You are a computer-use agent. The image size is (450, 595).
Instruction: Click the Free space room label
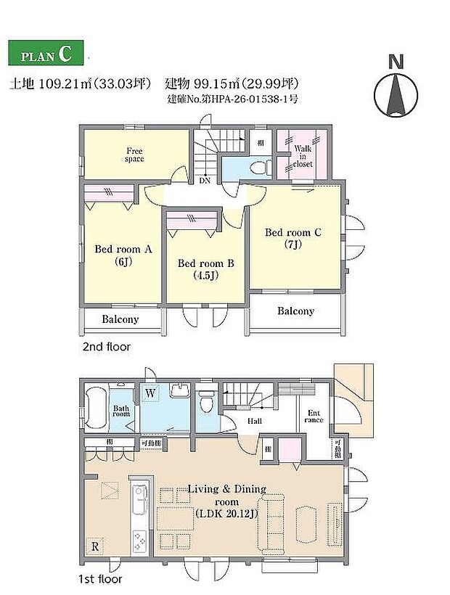(134, 154)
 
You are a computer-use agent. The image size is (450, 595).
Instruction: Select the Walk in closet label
(303, 155)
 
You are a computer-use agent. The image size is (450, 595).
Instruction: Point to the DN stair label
(205, 181)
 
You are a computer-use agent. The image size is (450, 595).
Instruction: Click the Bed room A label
(123, 255)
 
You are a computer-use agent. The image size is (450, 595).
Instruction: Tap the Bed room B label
(205, 269)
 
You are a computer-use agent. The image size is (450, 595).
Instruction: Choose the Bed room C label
(293, 239)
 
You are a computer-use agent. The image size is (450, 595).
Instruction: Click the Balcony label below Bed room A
(120, 319)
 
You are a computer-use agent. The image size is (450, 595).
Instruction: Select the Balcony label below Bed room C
(295, 311)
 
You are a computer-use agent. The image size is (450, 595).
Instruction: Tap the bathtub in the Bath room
(96, 409)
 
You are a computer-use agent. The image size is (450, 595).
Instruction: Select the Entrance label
(314, 416)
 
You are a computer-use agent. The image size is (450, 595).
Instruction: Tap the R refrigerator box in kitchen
(94, 544)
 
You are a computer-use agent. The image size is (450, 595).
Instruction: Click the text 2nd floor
(106, 347)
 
